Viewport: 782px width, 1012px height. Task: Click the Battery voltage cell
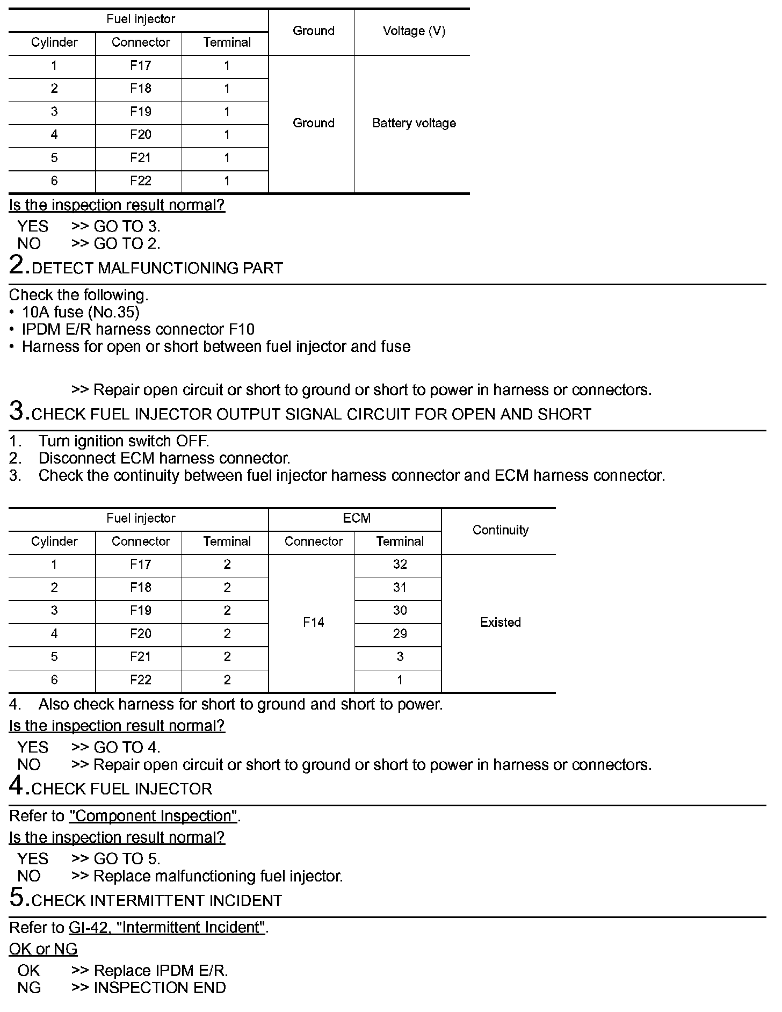point(414,124)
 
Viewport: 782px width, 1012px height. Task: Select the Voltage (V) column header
point(414,31)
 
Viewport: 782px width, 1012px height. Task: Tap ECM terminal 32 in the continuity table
point(400,565)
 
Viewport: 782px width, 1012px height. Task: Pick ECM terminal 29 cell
point(400,634)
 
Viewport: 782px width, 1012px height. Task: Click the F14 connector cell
point(314,623)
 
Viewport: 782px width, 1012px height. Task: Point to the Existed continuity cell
point(500,623)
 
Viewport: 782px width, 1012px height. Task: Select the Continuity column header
point(500,530)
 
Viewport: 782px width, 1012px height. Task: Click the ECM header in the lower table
point(357,518)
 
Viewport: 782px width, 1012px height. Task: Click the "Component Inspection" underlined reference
point(153,816)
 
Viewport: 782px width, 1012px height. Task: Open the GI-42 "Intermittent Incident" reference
point(166,928)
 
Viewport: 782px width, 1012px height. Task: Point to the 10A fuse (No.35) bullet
point(81,312)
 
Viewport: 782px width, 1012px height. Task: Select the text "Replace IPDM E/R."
point(161,971)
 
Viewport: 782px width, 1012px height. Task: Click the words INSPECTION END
point(160,988)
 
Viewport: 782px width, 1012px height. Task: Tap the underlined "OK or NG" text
point(43,949)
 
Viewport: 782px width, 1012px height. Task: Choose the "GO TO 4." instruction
point(127,747)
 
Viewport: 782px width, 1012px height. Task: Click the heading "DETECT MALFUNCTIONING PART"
point(157,268)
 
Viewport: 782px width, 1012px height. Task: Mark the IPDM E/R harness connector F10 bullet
point(138,329)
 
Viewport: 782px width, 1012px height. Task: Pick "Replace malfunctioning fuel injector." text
point(218,876)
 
